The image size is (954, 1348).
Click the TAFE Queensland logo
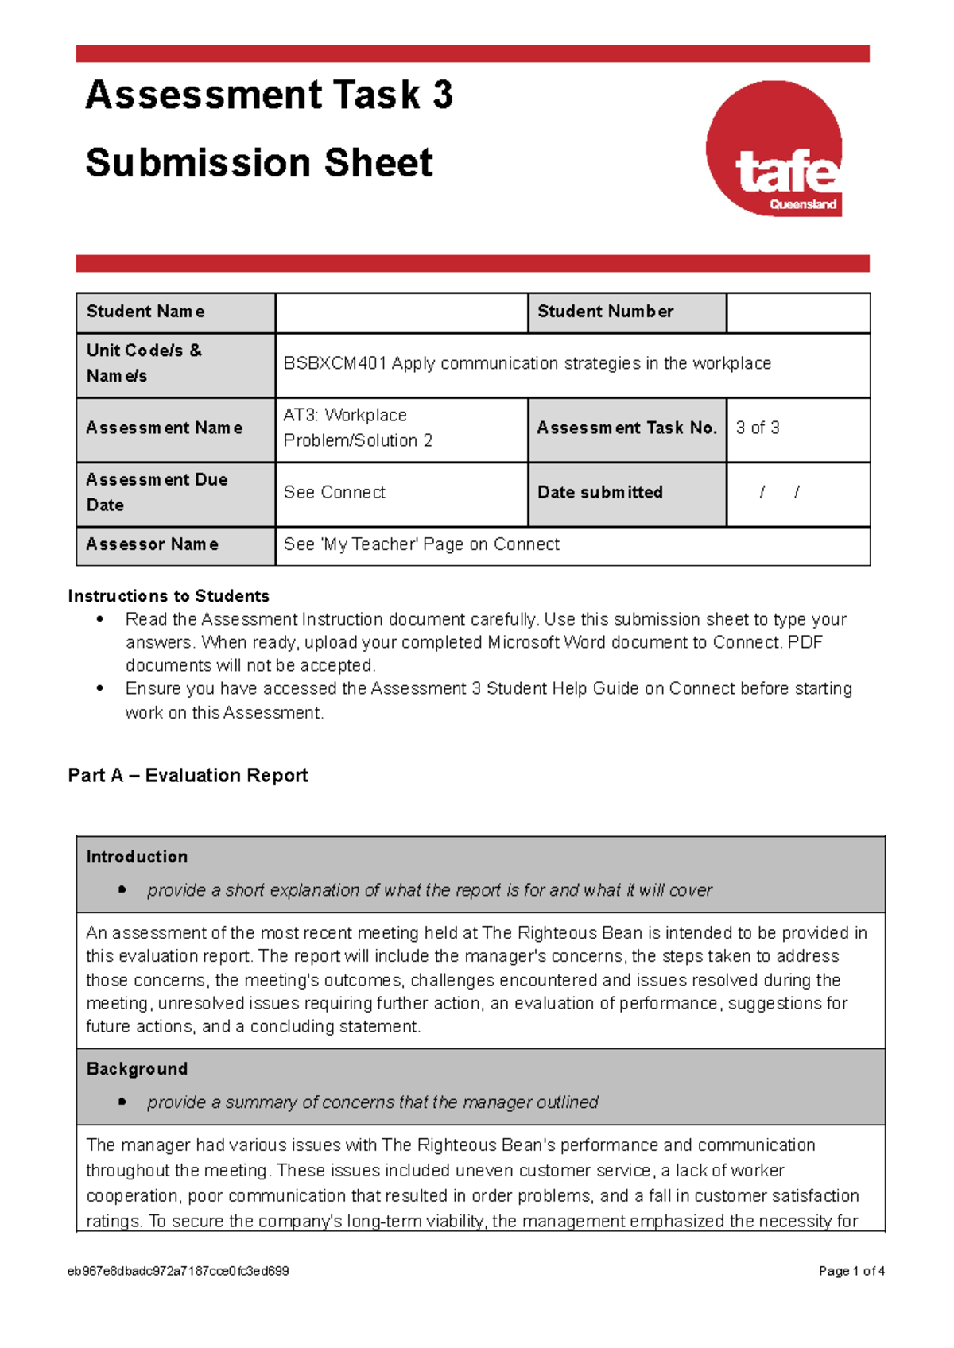tap(774, 149)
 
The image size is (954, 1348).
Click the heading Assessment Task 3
tap(269, 95)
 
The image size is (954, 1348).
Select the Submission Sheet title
tap(259, 163)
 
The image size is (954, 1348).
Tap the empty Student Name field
tap(401, 312)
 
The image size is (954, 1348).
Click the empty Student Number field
tap(797, 312)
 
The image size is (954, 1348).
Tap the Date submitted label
tap(600, 493)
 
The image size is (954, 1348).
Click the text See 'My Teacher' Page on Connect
tap(421, 544)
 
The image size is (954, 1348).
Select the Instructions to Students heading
tap(169, 596)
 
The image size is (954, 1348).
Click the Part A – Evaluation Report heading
tap(188, 775)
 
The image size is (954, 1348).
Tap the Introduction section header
tap(137, 857)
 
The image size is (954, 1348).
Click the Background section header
tap(137, 1069)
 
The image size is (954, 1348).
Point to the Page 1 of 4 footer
tap(851, 1271)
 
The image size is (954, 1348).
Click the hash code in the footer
tap(178, 1271)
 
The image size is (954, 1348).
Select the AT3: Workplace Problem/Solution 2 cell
tap(358, 428)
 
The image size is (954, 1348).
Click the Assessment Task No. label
tap(626, 428)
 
